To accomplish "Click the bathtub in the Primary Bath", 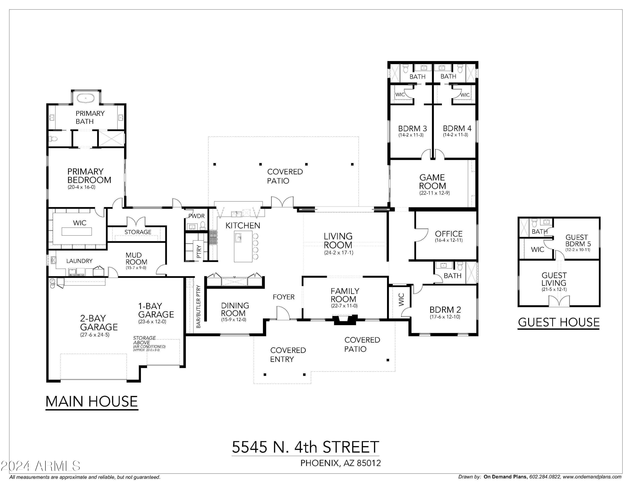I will (x=86, y=98).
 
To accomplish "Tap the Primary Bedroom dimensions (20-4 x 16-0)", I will (x=81, y=187).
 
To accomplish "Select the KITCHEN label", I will (x=243, y=225).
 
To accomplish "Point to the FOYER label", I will (x=284, y=297).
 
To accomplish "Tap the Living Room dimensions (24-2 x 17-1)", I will (x=339, y=253).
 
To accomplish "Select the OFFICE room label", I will (x=448, y=234).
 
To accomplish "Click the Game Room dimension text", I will (x=434, y=193).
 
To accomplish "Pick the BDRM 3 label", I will (x=412, y=128).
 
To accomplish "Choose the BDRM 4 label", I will (x=457, y=128).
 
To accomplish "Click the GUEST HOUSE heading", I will (x=558, y=322).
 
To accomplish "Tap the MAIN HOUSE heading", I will (x=91, y=401).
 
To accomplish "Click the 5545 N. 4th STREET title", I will (x=305, y=447).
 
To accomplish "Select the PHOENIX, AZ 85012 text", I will (x=340, y=463).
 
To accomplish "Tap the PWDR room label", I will (x=196, y=216).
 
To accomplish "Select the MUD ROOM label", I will (x=136, y=259).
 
